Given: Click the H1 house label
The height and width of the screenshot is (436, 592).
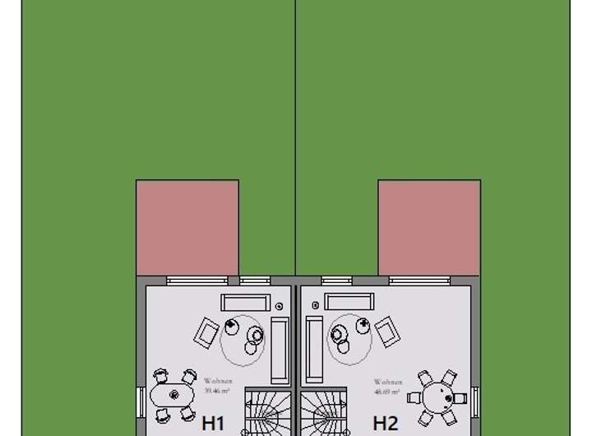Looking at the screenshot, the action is [x=213, y=423].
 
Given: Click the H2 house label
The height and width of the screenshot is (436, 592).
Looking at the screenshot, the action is [x=386, y=423].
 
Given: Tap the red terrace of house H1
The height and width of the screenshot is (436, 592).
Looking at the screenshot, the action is [x=187, y=227].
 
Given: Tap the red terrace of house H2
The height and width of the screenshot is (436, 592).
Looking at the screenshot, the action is [x=428, y=227].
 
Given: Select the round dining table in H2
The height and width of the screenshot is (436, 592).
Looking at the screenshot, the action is [x=437, y=396].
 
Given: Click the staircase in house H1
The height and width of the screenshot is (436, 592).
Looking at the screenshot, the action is [x=267, y=412].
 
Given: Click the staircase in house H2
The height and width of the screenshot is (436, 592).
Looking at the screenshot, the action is [x=324, y=412].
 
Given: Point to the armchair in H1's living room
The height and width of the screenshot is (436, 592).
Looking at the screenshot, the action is [x=206, y=332].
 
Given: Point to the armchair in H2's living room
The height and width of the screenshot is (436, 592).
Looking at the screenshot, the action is [x=386, y=332].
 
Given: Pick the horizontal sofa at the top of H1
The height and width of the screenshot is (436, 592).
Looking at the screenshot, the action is [x=244, y=302].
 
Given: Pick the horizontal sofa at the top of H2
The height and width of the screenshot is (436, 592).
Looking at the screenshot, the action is [x=349, y=302].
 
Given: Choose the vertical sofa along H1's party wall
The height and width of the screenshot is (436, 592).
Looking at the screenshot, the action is [x=280, y=350].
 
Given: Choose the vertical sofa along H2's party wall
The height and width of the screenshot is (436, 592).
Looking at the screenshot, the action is [x=314, y=350].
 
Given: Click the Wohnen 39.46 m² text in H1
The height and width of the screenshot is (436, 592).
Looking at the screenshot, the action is [x=218, y=385].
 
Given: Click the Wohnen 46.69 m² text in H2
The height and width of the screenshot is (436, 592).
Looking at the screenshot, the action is [x=388, y=385].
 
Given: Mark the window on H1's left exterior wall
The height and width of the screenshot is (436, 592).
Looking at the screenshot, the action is [x=141, y=402].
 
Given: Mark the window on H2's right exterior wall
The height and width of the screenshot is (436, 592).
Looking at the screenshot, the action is [x=473, y=399].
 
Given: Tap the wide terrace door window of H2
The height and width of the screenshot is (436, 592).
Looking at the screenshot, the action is [x=423, y=281].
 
